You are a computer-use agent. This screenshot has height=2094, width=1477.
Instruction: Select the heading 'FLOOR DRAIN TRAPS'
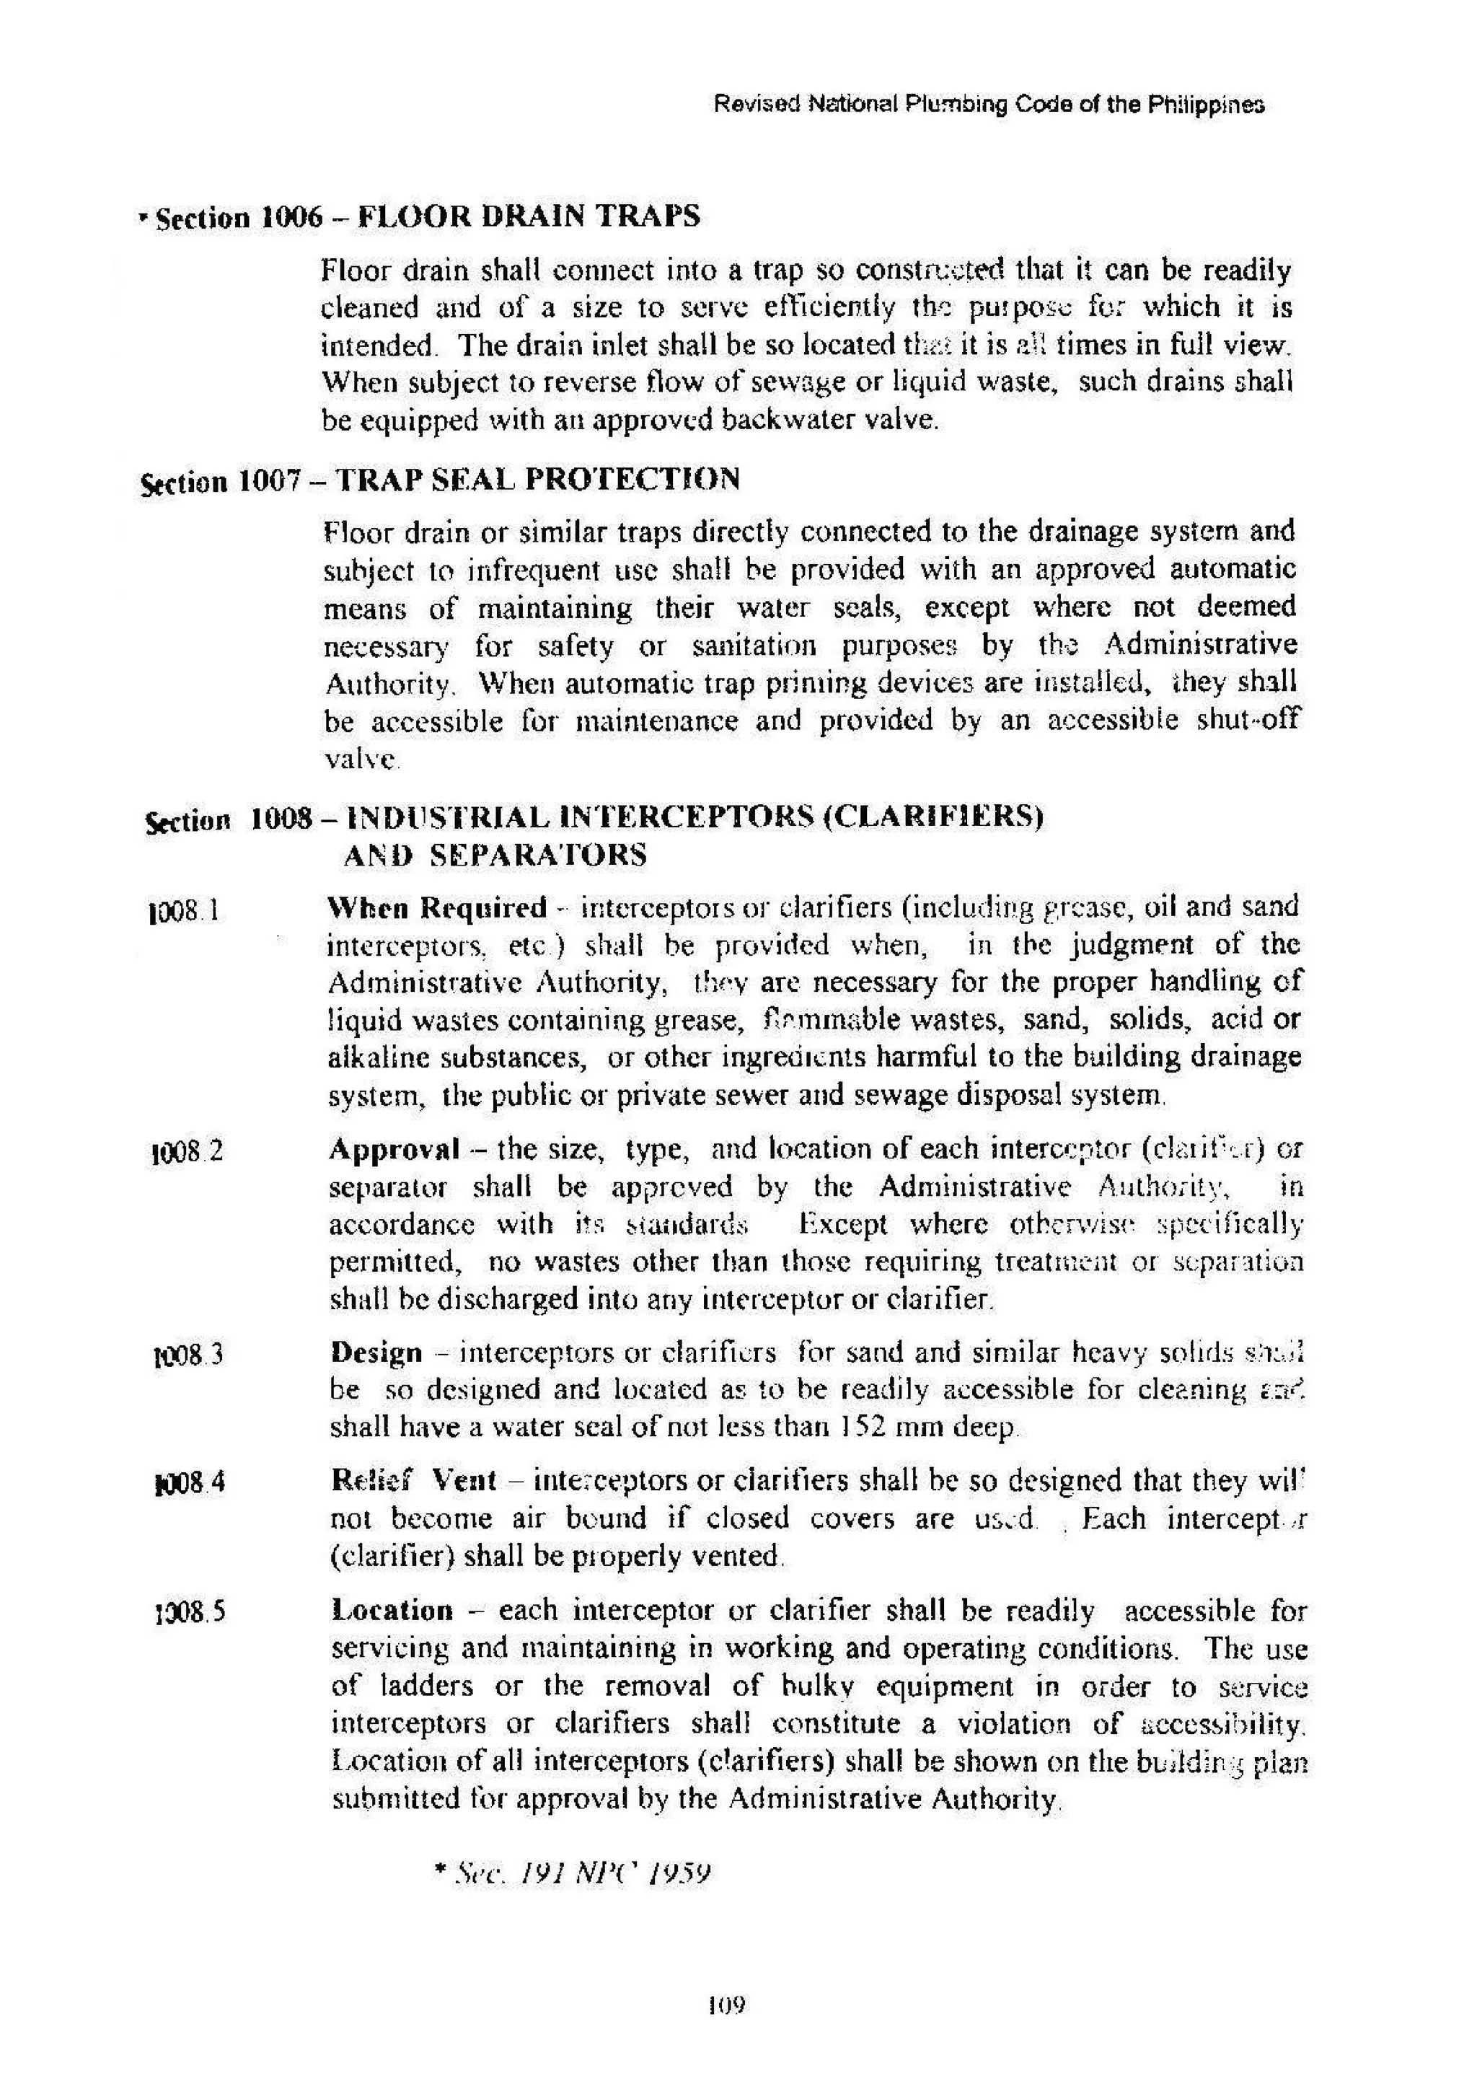click(528, 216)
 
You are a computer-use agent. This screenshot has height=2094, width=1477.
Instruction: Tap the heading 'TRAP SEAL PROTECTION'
click(537, 479)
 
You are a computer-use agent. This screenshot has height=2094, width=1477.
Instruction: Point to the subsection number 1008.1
click(183, 911)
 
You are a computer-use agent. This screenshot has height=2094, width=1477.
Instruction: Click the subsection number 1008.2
click(186, 1153)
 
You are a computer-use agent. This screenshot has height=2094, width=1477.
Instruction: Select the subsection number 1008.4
click(190, 1484)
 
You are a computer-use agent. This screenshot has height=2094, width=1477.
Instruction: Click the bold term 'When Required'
click(437, 907)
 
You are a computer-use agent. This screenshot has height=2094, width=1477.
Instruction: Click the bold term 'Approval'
click(394, 1148)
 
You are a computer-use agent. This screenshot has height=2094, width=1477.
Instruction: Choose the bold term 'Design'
click(376, 1352)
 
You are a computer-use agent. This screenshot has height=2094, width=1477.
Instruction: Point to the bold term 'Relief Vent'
click(414, 1479)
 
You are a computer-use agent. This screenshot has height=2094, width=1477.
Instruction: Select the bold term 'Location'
click(392, 1610)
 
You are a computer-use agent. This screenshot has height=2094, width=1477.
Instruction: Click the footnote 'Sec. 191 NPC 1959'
click(572, 1873)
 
